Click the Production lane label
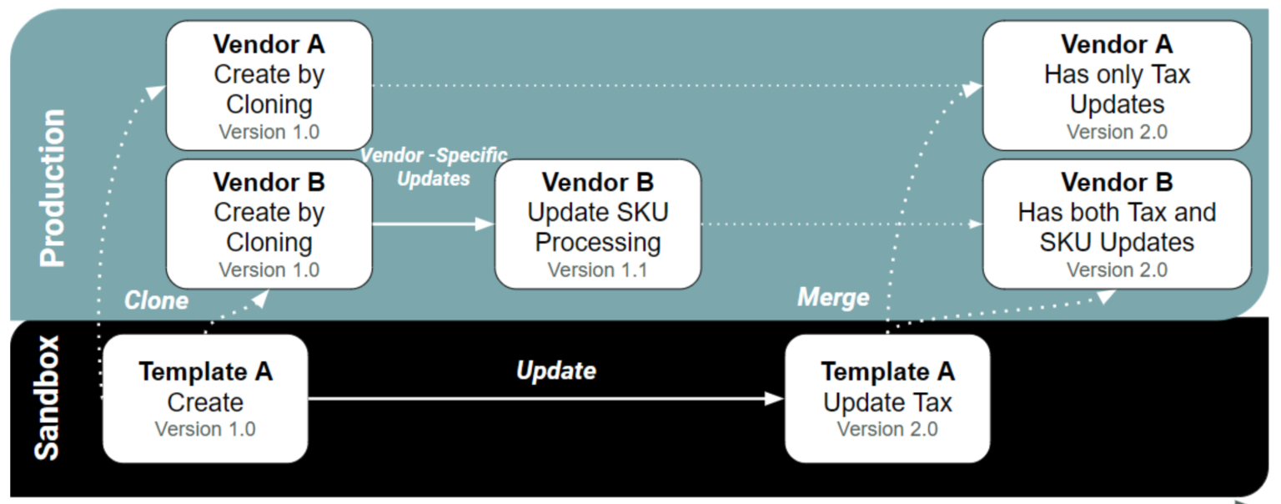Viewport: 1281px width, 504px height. coord(52,188)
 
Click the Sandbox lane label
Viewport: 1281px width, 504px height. coord(48,397)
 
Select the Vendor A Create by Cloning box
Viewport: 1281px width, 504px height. coord(269,86)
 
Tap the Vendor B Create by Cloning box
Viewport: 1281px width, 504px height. coord(269,224)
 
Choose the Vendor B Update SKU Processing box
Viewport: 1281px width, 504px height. coord(597,224)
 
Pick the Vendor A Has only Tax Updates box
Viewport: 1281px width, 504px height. coord(1117,86)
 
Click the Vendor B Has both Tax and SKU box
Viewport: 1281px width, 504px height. coord(1117,224)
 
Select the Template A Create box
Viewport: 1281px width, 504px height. coord(205,399)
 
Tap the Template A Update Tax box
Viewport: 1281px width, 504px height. coord(887,399)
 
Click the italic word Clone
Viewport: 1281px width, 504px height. coord(156,300)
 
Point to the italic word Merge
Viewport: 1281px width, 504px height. coord(832,297)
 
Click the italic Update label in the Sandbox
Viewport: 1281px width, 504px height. coord(555,370)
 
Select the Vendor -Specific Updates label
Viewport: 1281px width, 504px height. coord(434,167)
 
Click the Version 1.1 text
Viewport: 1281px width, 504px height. coord(597,270)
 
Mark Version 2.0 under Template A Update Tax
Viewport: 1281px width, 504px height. coord(887,430)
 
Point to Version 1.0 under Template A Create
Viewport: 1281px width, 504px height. coord(205,430)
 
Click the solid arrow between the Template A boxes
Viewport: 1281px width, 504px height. coord(542,400)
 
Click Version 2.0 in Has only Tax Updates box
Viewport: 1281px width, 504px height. coord(1117,132)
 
